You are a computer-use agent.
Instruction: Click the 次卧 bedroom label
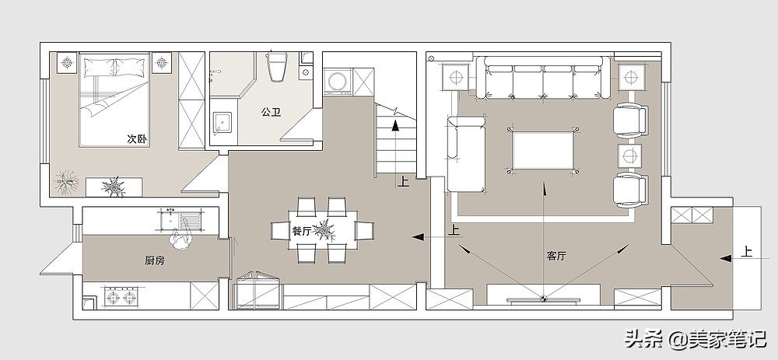click(137, 139)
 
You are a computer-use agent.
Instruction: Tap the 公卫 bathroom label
click(272, 112)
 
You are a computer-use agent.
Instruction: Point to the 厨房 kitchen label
click(155, 260)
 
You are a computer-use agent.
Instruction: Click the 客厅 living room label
click(556, 257)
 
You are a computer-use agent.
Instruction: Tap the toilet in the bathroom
click(278, 66)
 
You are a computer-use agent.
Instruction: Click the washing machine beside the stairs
click(338, 82)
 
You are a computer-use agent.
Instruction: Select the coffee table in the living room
click(543, 150)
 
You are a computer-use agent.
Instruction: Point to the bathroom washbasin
click(222, 121)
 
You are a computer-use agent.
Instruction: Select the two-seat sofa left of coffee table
click(466, 154)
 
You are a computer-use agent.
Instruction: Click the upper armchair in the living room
click(630, 121)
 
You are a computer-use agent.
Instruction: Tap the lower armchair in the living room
click(630, 190)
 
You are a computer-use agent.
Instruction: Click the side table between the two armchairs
click(629, 156)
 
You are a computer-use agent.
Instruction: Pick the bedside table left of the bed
click(68, 63)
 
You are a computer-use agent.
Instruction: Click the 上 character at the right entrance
click(747, 251)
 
